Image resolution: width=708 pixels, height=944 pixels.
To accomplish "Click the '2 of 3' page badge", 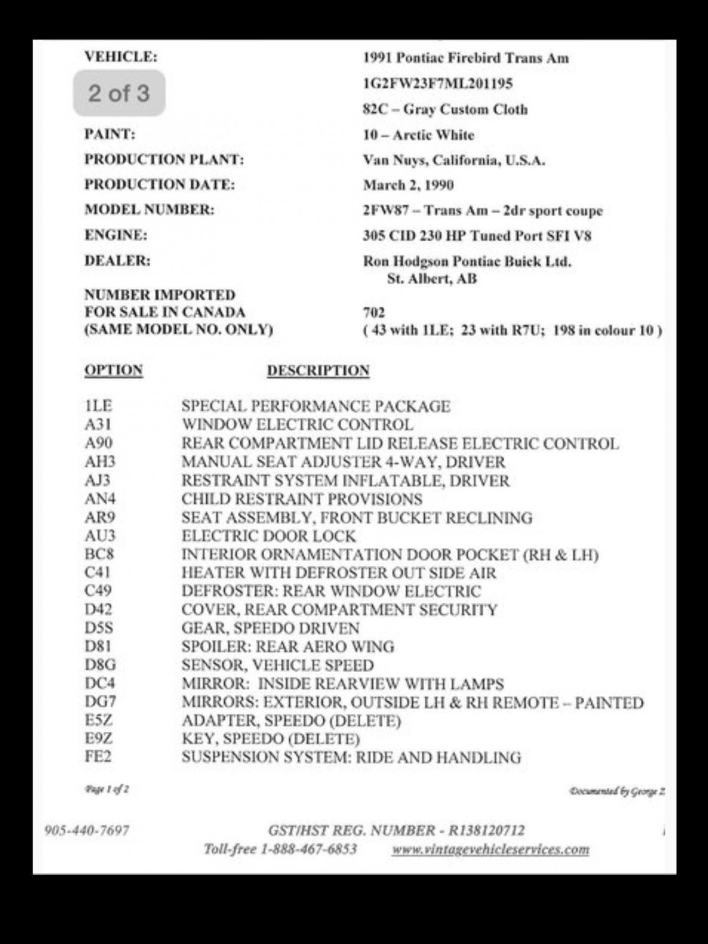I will pos(119,93).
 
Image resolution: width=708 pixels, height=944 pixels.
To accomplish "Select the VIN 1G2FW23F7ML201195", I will pos(438,84).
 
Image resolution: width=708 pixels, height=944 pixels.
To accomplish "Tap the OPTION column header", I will pos(113,370).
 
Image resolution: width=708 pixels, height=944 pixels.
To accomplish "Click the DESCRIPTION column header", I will pos(318,371).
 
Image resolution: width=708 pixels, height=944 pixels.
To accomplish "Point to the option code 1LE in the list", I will pos(98,406).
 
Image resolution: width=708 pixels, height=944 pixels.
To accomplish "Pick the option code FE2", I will pos(98,757).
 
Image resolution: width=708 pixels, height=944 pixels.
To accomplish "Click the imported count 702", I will pos(374,312).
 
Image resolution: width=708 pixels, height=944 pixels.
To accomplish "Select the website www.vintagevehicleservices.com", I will pos(490,849).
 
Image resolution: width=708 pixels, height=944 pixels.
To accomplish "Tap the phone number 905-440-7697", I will pos(86,830).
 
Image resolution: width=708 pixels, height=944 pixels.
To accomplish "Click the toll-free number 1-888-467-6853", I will pos(308,849).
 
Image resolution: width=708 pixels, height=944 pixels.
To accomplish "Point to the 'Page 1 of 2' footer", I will pos(107,789).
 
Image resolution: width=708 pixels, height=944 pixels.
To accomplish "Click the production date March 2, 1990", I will pos(408,185).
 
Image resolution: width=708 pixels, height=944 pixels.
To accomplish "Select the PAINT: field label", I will pos(110,134).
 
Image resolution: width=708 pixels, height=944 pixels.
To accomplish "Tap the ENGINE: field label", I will pos(116,235).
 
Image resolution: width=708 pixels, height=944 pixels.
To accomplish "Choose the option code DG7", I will pos(100,702).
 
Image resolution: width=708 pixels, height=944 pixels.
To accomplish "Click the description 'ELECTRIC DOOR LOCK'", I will pos(269,536).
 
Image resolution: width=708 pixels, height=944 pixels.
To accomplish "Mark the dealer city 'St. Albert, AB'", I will pos(432,279).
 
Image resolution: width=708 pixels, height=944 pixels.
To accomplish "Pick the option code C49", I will pos(98,591).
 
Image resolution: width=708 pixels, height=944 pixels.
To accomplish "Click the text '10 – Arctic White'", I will pos(418,135).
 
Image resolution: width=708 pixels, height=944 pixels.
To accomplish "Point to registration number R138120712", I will pos(486,830).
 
